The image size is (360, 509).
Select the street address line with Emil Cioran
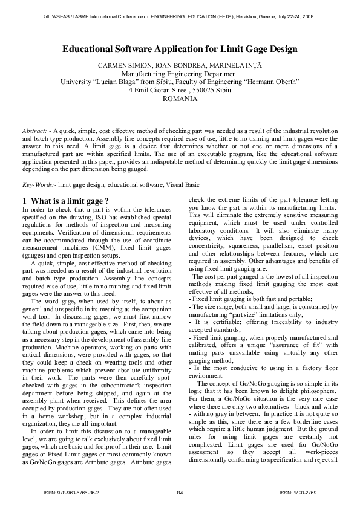180,89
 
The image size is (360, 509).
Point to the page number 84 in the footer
180,493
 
